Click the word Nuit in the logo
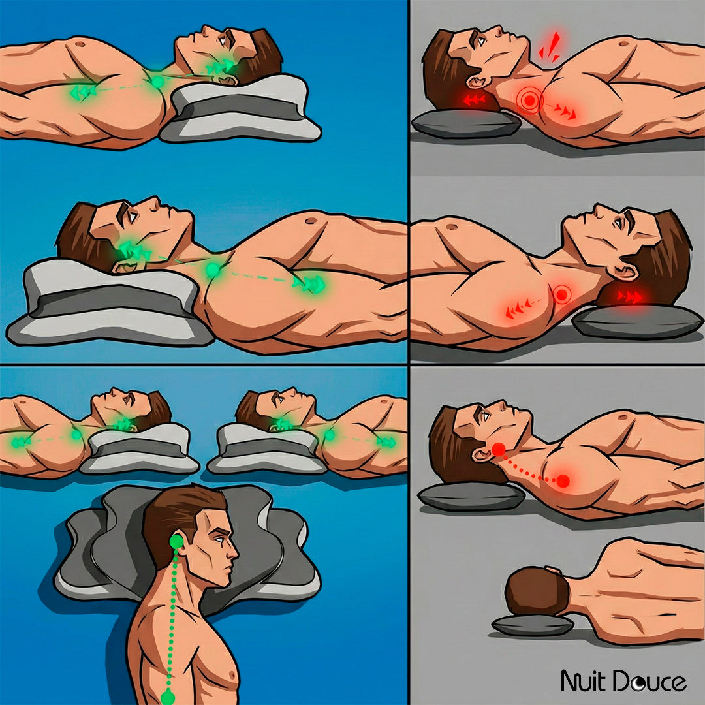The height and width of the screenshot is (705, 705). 584,681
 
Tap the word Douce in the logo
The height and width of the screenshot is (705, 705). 648,681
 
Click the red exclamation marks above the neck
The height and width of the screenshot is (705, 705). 550,46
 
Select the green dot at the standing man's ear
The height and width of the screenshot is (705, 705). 176,541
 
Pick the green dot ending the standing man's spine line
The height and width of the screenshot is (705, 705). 168,697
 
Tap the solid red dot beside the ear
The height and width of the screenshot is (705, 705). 498,449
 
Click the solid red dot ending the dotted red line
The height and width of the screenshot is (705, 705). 563,480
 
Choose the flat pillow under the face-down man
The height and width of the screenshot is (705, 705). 533,625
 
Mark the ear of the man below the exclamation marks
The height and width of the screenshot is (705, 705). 477,82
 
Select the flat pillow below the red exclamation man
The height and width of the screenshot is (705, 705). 466,123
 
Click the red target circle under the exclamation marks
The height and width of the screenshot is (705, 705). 530,101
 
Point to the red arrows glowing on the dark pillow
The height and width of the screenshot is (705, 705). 629,296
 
